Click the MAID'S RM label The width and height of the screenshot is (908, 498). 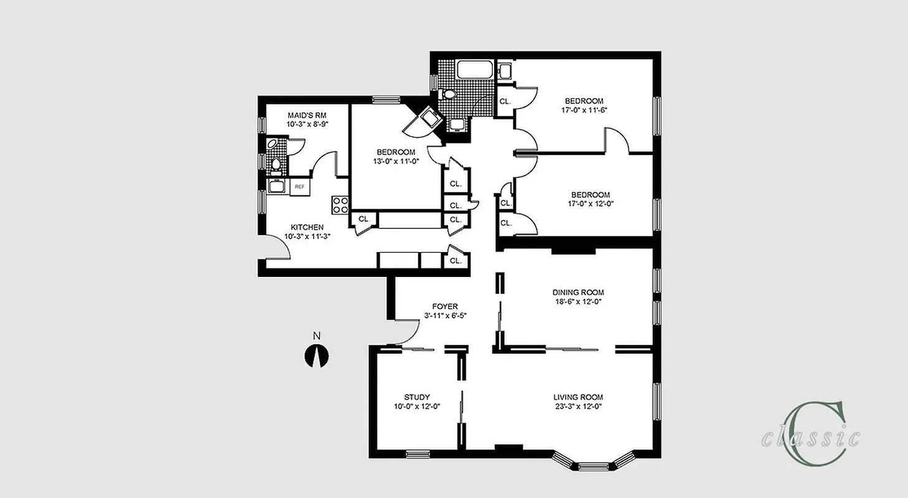[307, 115]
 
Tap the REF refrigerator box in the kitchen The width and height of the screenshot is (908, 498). [299, 187]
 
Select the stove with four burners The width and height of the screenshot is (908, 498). [340, 205]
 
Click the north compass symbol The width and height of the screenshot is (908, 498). [316, 357]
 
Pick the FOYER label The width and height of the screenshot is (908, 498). [445, 306]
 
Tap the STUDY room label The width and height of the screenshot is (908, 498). [416, 397]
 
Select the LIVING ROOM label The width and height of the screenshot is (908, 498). [578, 397]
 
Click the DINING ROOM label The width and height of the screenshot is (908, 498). [578, 293]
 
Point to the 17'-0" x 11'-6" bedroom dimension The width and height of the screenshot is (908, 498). [584, 110]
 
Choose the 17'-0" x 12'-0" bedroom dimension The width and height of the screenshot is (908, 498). [584, 204]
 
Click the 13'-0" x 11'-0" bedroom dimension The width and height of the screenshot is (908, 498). [395, 161]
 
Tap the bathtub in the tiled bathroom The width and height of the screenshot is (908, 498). [475, 70]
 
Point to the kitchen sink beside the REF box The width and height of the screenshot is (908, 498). [277, 186]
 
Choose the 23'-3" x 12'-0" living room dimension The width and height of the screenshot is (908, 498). [578, 406]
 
